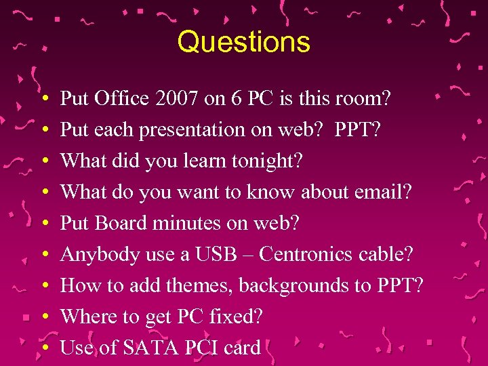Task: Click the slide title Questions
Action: (x=243, y=42)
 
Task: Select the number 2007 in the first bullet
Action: (x=174, y=99)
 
